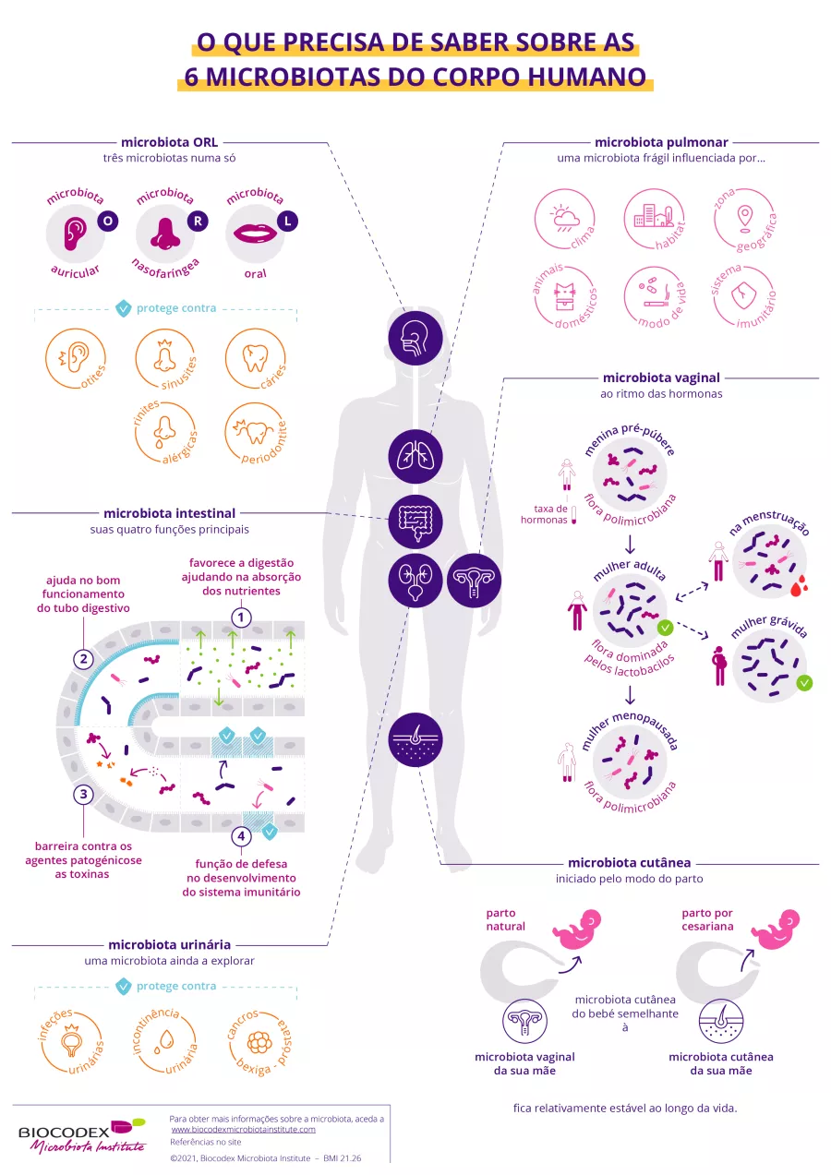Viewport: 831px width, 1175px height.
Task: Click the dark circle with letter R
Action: [x=198, y=221]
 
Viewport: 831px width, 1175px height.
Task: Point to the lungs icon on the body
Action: [x=415, y=456]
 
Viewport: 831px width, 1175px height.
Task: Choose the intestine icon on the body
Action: [x=415, y=522]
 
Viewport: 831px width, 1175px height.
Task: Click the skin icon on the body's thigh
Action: [x=415, y=740]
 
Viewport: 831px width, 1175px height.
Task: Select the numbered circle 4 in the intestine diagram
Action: [x=240, y=836]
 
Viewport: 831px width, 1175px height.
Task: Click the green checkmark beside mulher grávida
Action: [x=804, y=683]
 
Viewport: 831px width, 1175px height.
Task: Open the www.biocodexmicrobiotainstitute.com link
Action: [x=244, y=1129]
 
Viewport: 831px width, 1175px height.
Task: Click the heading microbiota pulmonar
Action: [x=661, y=142]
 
